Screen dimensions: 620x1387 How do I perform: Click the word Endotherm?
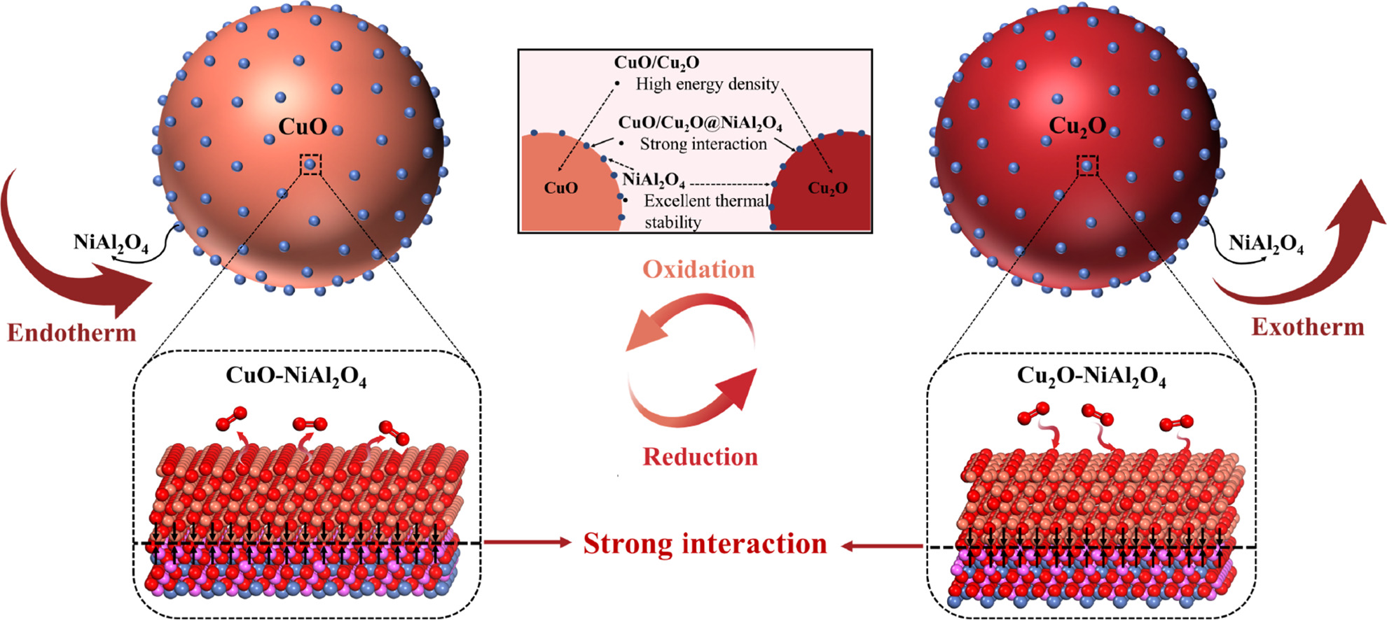coord(71,332)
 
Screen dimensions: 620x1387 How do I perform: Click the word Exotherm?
coord(1308,327)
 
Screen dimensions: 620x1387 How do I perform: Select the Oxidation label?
coord(698,270)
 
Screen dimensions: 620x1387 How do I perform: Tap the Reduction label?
coord(700,457)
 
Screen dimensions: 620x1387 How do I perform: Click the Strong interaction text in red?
coord(705,544)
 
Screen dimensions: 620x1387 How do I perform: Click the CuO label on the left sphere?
coord(302,127)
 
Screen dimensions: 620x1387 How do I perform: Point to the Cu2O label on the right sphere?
coord(1077,126)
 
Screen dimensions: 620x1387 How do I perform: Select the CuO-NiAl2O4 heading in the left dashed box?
coord(296,376)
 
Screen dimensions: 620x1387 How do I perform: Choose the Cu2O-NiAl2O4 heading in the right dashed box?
coord(1091,376)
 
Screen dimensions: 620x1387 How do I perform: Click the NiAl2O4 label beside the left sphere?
coord(111,243)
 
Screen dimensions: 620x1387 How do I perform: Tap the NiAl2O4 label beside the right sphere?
coord(1266,244)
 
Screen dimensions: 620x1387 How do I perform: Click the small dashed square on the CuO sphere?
coord(310,164)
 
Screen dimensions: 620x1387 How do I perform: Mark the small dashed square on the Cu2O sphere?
coord(1087,166)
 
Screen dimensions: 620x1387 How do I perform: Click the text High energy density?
coord(707,85)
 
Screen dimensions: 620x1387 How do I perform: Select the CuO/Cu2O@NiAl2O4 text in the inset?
coord(700,123)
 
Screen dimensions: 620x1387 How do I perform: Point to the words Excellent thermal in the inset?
coord(705,202)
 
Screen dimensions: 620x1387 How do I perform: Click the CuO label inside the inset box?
coord(561,188)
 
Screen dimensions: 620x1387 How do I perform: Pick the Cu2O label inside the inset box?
coord(827,188)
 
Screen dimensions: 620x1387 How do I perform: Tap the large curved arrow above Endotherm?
coord(63,266)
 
